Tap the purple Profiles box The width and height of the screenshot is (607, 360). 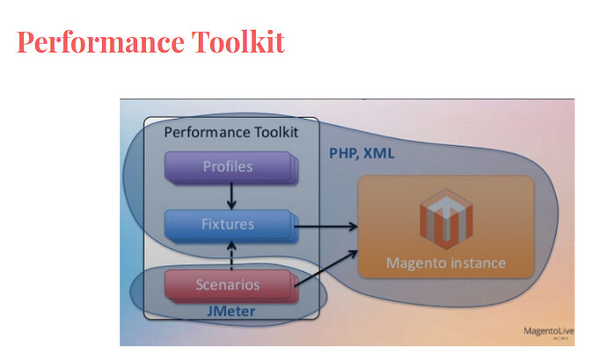pyautogui.click(x=227, y=167)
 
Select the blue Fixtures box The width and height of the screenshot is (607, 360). pyautogui.click(x=228, y=225)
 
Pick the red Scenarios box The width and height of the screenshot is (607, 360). pyautogui.click(x=228, y=284)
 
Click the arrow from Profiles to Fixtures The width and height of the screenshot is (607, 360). pyautogui.click(x=231, y=196)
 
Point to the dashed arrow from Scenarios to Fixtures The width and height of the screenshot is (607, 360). pyautogui.click(x=231, y=255)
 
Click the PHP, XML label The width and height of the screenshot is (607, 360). pyautogui.click(x=362, y=153)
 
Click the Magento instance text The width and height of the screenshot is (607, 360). pyautogui.click(x=446, y=263)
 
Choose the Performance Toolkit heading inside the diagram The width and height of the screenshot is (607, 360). pyautogui.click(x=231, y=133)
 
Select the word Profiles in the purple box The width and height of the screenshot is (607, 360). pyautogui.click(x=227, y=166)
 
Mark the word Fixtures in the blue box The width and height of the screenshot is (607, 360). pyautogui.click(x=228, y=225)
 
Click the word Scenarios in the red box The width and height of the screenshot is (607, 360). pyautogui.click(x=228, y=284)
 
